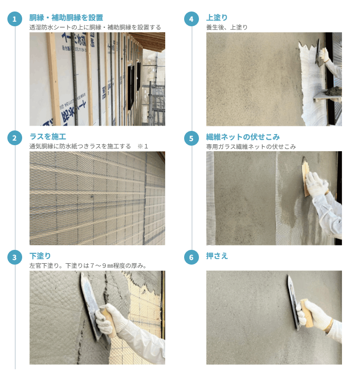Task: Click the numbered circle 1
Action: [x=15, y=19]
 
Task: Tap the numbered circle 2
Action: [x=15, y=138]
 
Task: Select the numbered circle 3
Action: [x=15, y=257]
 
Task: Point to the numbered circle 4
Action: [x=192, y=19]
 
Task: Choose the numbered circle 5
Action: [x=192, y=138]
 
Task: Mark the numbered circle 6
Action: [x=192, y=257]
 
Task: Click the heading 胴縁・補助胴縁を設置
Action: [x=66, y=18]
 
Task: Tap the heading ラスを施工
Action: [x=48, y=137]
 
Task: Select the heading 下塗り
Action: [x=40, y=256]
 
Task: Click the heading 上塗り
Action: [x=216, y=18]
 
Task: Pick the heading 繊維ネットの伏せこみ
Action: [x=243, y=137]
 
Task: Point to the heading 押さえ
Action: [x=216, y=256]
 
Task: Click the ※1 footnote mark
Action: [x=143, y=146]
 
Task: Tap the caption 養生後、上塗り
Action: [x=227, y=27]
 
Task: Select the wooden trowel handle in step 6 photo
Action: [x=306, y=313]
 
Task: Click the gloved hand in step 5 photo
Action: [x=317, y=184]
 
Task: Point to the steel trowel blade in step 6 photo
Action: [x=293, y=302]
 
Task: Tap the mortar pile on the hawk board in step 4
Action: [x=332, y=92]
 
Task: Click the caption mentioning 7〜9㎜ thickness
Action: [x=88, y=266]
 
